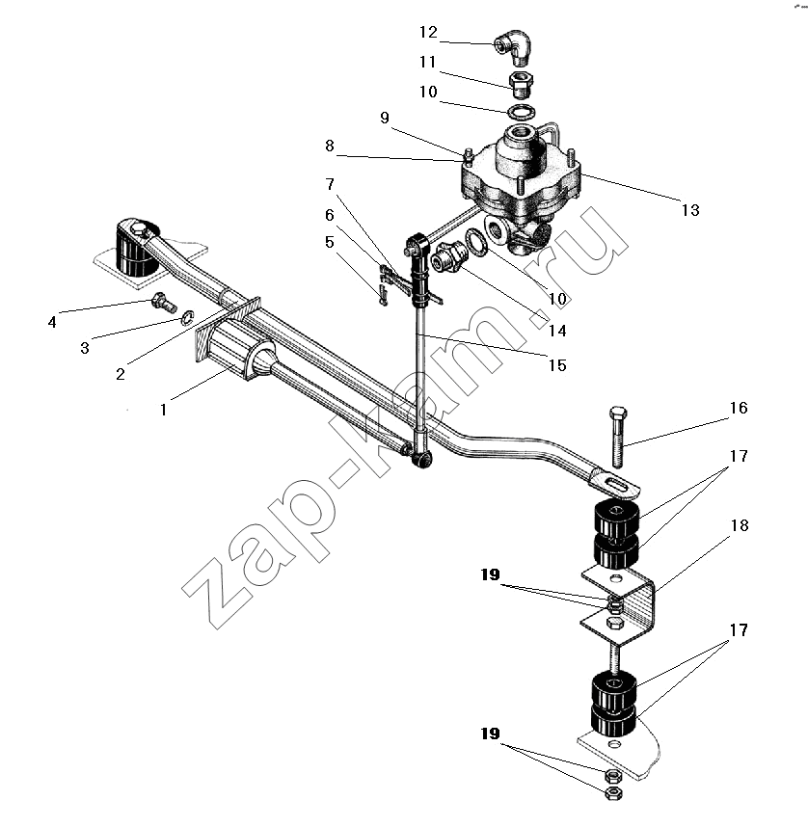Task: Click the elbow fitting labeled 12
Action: coord(514,47)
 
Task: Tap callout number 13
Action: coord(689,210)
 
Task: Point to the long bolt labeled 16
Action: coord(617,438)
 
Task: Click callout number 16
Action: coord(739,408)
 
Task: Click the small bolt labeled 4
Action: coord(159,303)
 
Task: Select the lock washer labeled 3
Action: coord(187,317)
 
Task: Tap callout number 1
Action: coord(164,410)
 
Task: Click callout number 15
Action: coord(557,365)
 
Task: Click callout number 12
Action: coord(428,32)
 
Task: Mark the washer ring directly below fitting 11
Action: coord(522,111)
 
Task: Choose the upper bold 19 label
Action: coord(490,574)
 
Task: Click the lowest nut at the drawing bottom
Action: coord(613,792)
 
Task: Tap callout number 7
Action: coord(330,184)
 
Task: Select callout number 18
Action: coord(740,525)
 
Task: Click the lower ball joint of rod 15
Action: coord(421,459)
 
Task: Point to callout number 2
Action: coord(121,374)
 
